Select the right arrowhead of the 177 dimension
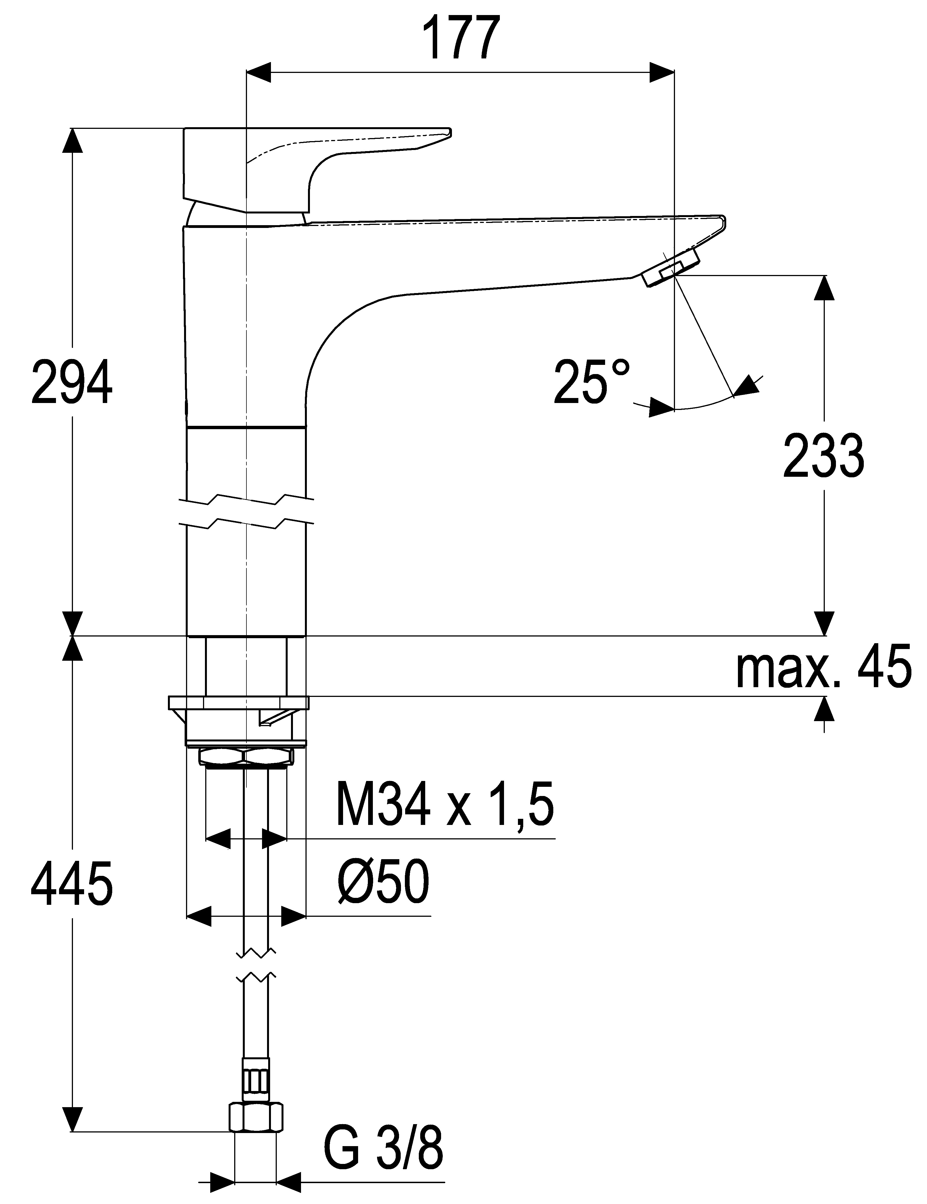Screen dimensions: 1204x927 tap(661, 72)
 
